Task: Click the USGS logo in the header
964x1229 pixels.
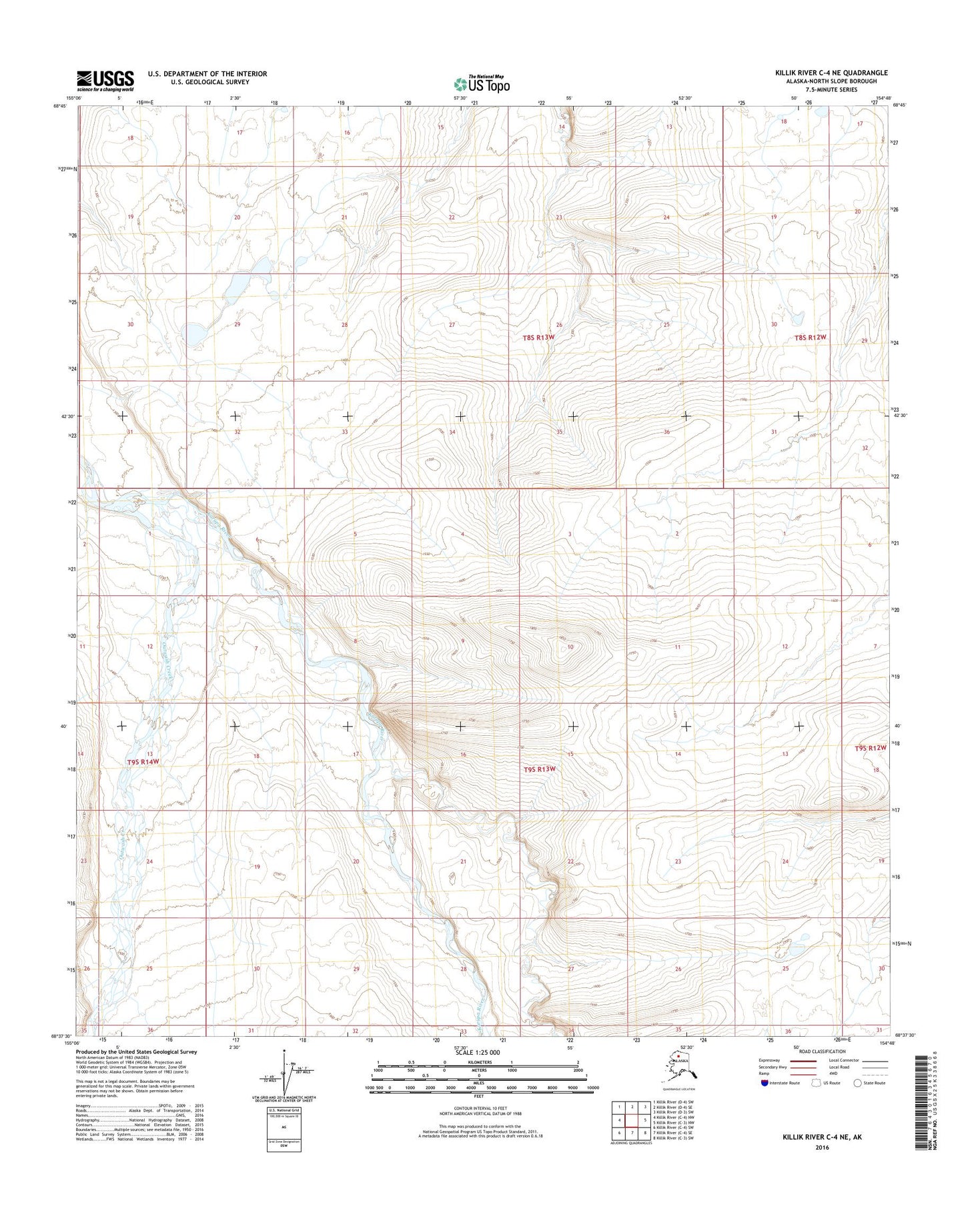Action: pos(105,81)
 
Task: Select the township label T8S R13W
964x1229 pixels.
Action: pos(539,338)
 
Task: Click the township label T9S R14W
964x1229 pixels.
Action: pos(143,761)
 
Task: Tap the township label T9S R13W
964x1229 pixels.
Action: pos(539,769)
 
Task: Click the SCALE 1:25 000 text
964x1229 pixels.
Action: pos(477,1052)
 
